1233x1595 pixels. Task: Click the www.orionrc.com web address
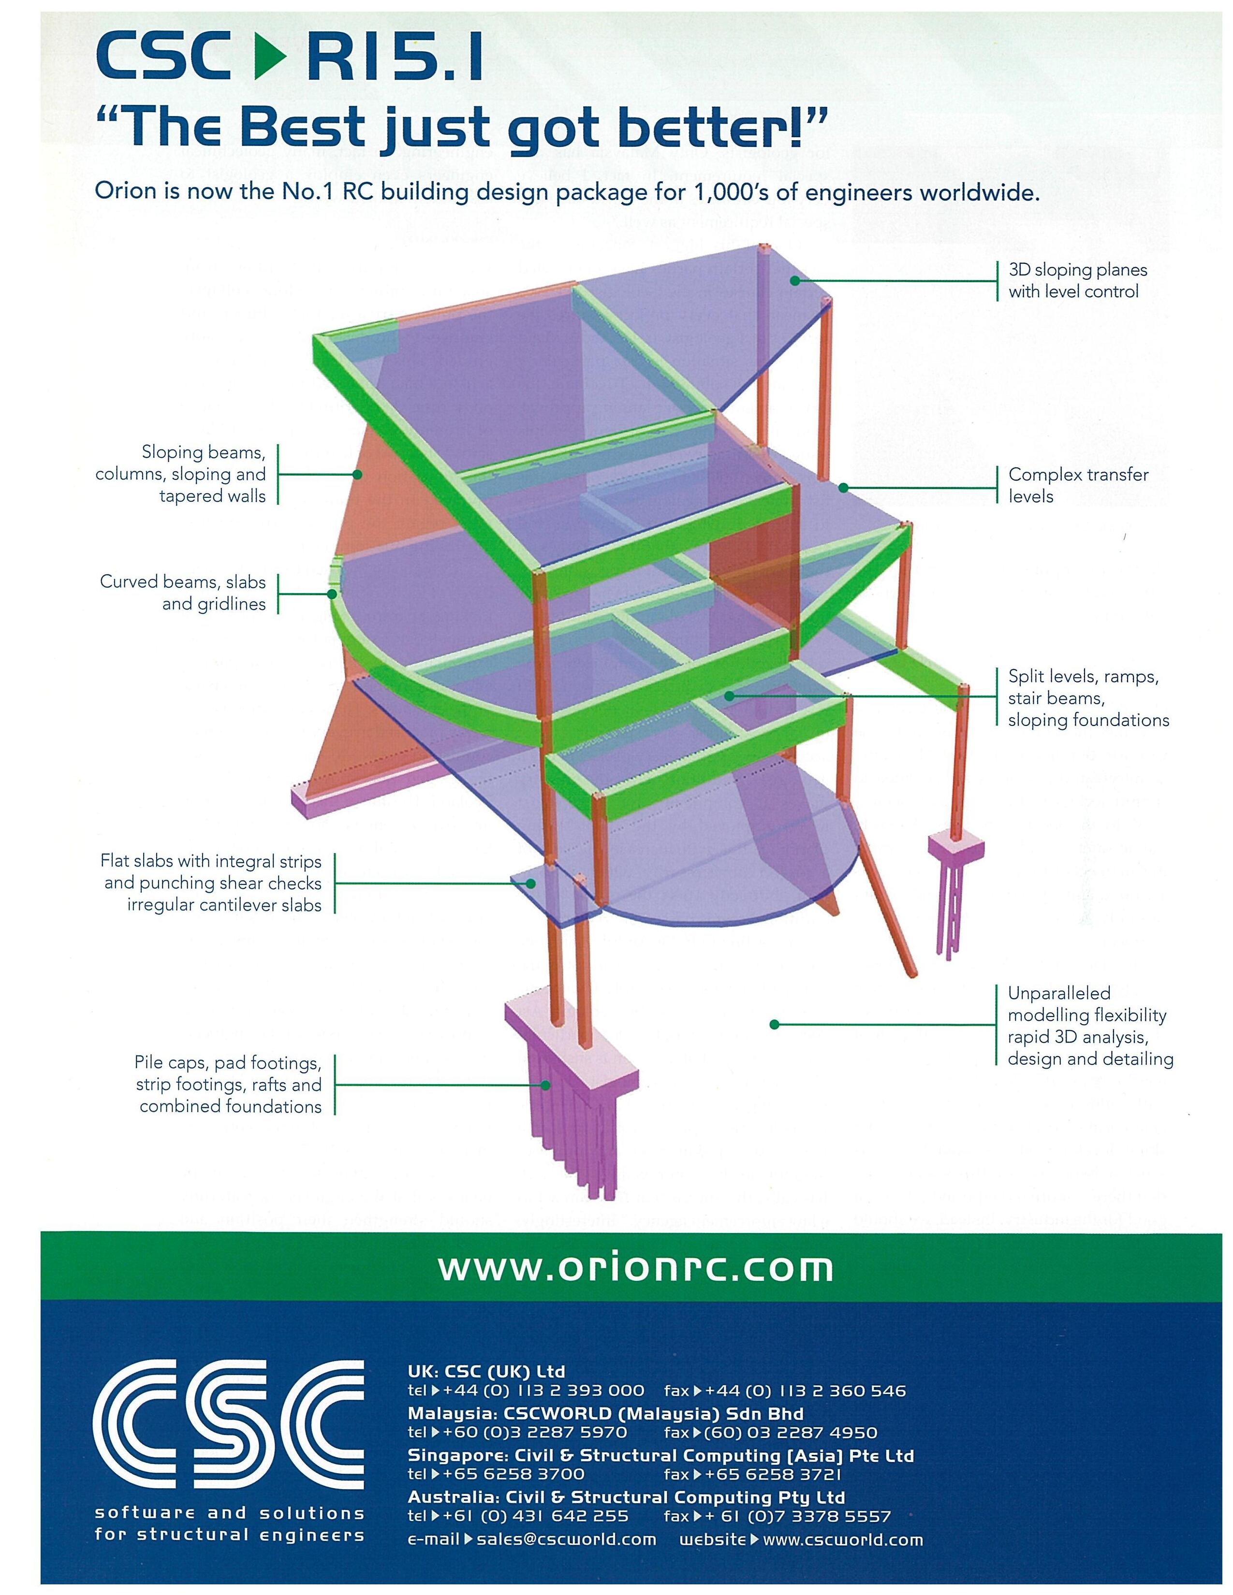click(635, 1268)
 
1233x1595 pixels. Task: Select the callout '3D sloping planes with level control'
click(1077, 280)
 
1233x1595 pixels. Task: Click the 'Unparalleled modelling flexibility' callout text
click(1089, 1025)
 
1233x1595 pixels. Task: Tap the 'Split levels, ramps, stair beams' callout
click(1087, 698)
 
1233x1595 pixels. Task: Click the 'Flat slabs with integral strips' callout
click(212, 882)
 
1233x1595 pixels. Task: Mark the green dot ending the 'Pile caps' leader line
click(545, 1085)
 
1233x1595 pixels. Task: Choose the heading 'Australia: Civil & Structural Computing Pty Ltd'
click(626, 1498)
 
